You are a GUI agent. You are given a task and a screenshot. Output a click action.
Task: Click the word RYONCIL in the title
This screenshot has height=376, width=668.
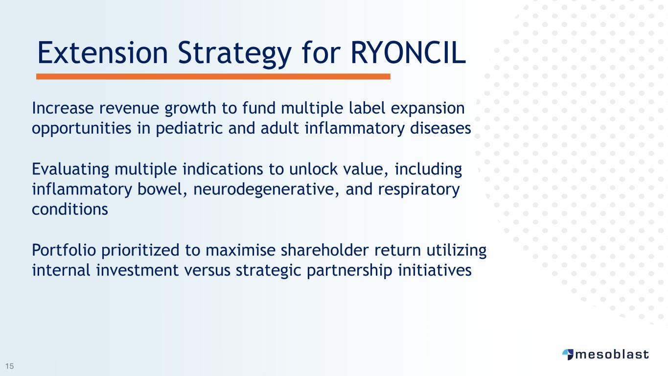point(408,53)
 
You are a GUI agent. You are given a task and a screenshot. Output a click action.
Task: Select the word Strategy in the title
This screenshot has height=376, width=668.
point(234,55)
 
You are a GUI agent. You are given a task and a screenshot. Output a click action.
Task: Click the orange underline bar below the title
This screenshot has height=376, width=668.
point(213,77)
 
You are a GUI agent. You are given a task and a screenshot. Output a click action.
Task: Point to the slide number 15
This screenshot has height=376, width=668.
point(10,366)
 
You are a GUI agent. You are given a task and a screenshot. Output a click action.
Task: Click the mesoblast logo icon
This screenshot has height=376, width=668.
point(568,354)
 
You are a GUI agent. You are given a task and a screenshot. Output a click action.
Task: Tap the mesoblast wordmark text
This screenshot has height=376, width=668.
point(612,354)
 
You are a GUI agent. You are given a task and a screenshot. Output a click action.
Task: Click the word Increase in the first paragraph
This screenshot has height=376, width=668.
point(63,108)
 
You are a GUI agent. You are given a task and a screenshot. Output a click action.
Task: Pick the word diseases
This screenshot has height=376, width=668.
point(440,128)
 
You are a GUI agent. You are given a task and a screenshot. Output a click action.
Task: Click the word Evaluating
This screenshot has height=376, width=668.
point(70,169)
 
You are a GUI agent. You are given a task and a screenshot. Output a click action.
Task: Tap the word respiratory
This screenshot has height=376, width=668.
point(419,190)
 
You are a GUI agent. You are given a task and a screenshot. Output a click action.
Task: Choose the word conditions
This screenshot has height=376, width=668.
point(70,209)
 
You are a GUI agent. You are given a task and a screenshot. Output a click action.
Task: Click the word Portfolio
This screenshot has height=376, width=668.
point(64,250)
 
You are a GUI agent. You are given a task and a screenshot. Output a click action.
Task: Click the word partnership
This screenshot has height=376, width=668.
point(349,271)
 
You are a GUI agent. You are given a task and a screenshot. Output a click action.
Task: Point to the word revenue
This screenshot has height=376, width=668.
point(129,108)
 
